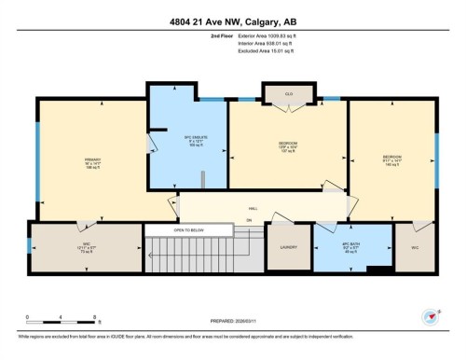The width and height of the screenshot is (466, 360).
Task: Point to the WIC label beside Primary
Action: click(x=59, y=247)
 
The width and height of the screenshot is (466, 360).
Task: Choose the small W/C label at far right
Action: click(x=414, y=247)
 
